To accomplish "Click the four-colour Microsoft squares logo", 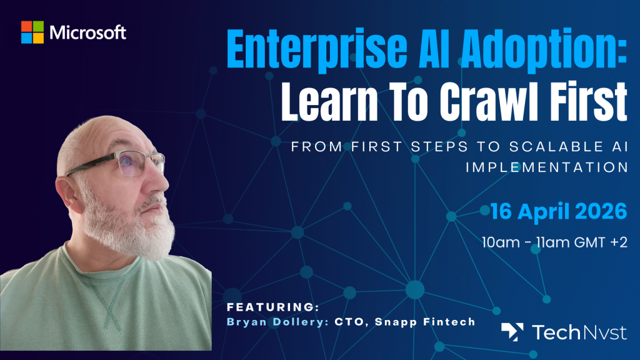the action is click(x=32, y=32).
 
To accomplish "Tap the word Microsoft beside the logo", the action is click(x=87, y=32).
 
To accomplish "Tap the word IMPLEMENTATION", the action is click(x=546, y=167).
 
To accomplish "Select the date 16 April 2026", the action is click(x=558, y=211).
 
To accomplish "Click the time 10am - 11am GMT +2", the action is click(x=554, y=242).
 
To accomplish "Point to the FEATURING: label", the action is click(x=273, y=307).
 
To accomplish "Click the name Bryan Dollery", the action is click(x=277, y=322).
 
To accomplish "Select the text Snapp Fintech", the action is click(x=425, y=322).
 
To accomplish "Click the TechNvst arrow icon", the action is click(x=512, y=332).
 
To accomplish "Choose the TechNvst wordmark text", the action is click(x=579, y=332).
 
